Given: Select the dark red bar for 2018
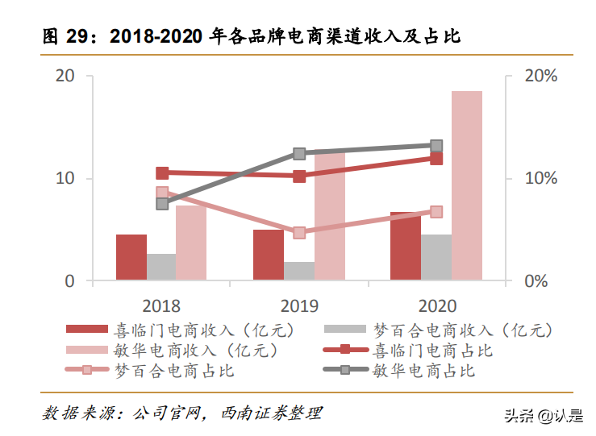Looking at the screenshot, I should pyautogui.click(x=131, y=258).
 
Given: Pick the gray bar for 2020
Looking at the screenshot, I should pyautogui.click(x=436, y=258).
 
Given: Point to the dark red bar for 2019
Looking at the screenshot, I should pyautogui.click(x=268, y=255).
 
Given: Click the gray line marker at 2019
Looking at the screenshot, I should pyautogui.click(x=299, y=153).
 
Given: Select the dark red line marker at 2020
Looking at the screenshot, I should pyautogui.click(x=436, y=159).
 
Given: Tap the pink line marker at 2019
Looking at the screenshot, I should pyautogui.click(x=299, y=233).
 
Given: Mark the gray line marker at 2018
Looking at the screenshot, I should pyautogui.click(x=162, y=203).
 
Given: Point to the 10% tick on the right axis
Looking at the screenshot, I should pyautogui.click(x=540, y=179).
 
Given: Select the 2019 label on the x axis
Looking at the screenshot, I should pyautogui.click(x=299, y=306).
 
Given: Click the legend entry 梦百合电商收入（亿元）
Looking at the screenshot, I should pyautogui.click(x=438, y=329).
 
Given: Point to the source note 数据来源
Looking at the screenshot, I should pyautogui.click(x=182, y=413).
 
